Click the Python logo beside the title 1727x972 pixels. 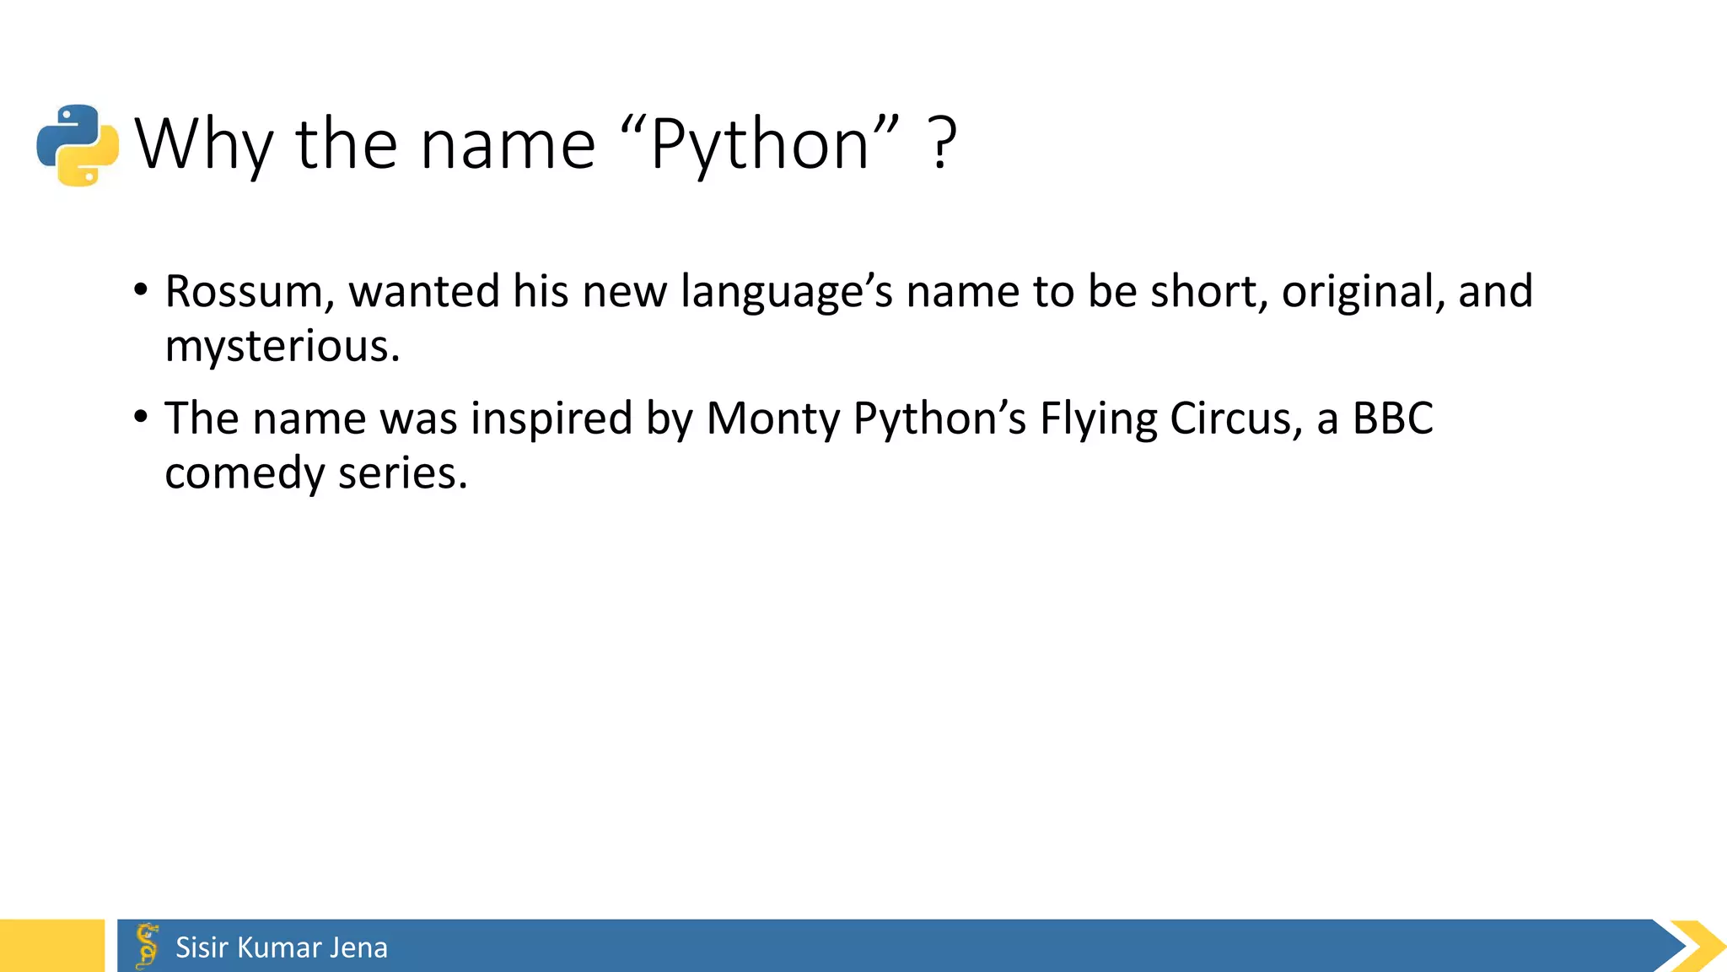coord(78,145)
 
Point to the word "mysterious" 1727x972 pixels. coord(282,347)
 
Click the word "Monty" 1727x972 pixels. coord(772,419)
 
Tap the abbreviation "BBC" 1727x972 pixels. coord(1392,419)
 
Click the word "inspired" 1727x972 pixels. coord(551,419)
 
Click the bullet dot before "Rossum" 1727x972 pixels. coord(141,290)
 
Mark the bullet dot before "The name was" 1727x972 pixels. coord(141,417)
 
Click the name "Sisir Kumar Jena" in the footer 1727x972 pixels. coord(282,948)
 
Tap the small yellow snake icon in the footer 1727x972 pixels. coord(148,945)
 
